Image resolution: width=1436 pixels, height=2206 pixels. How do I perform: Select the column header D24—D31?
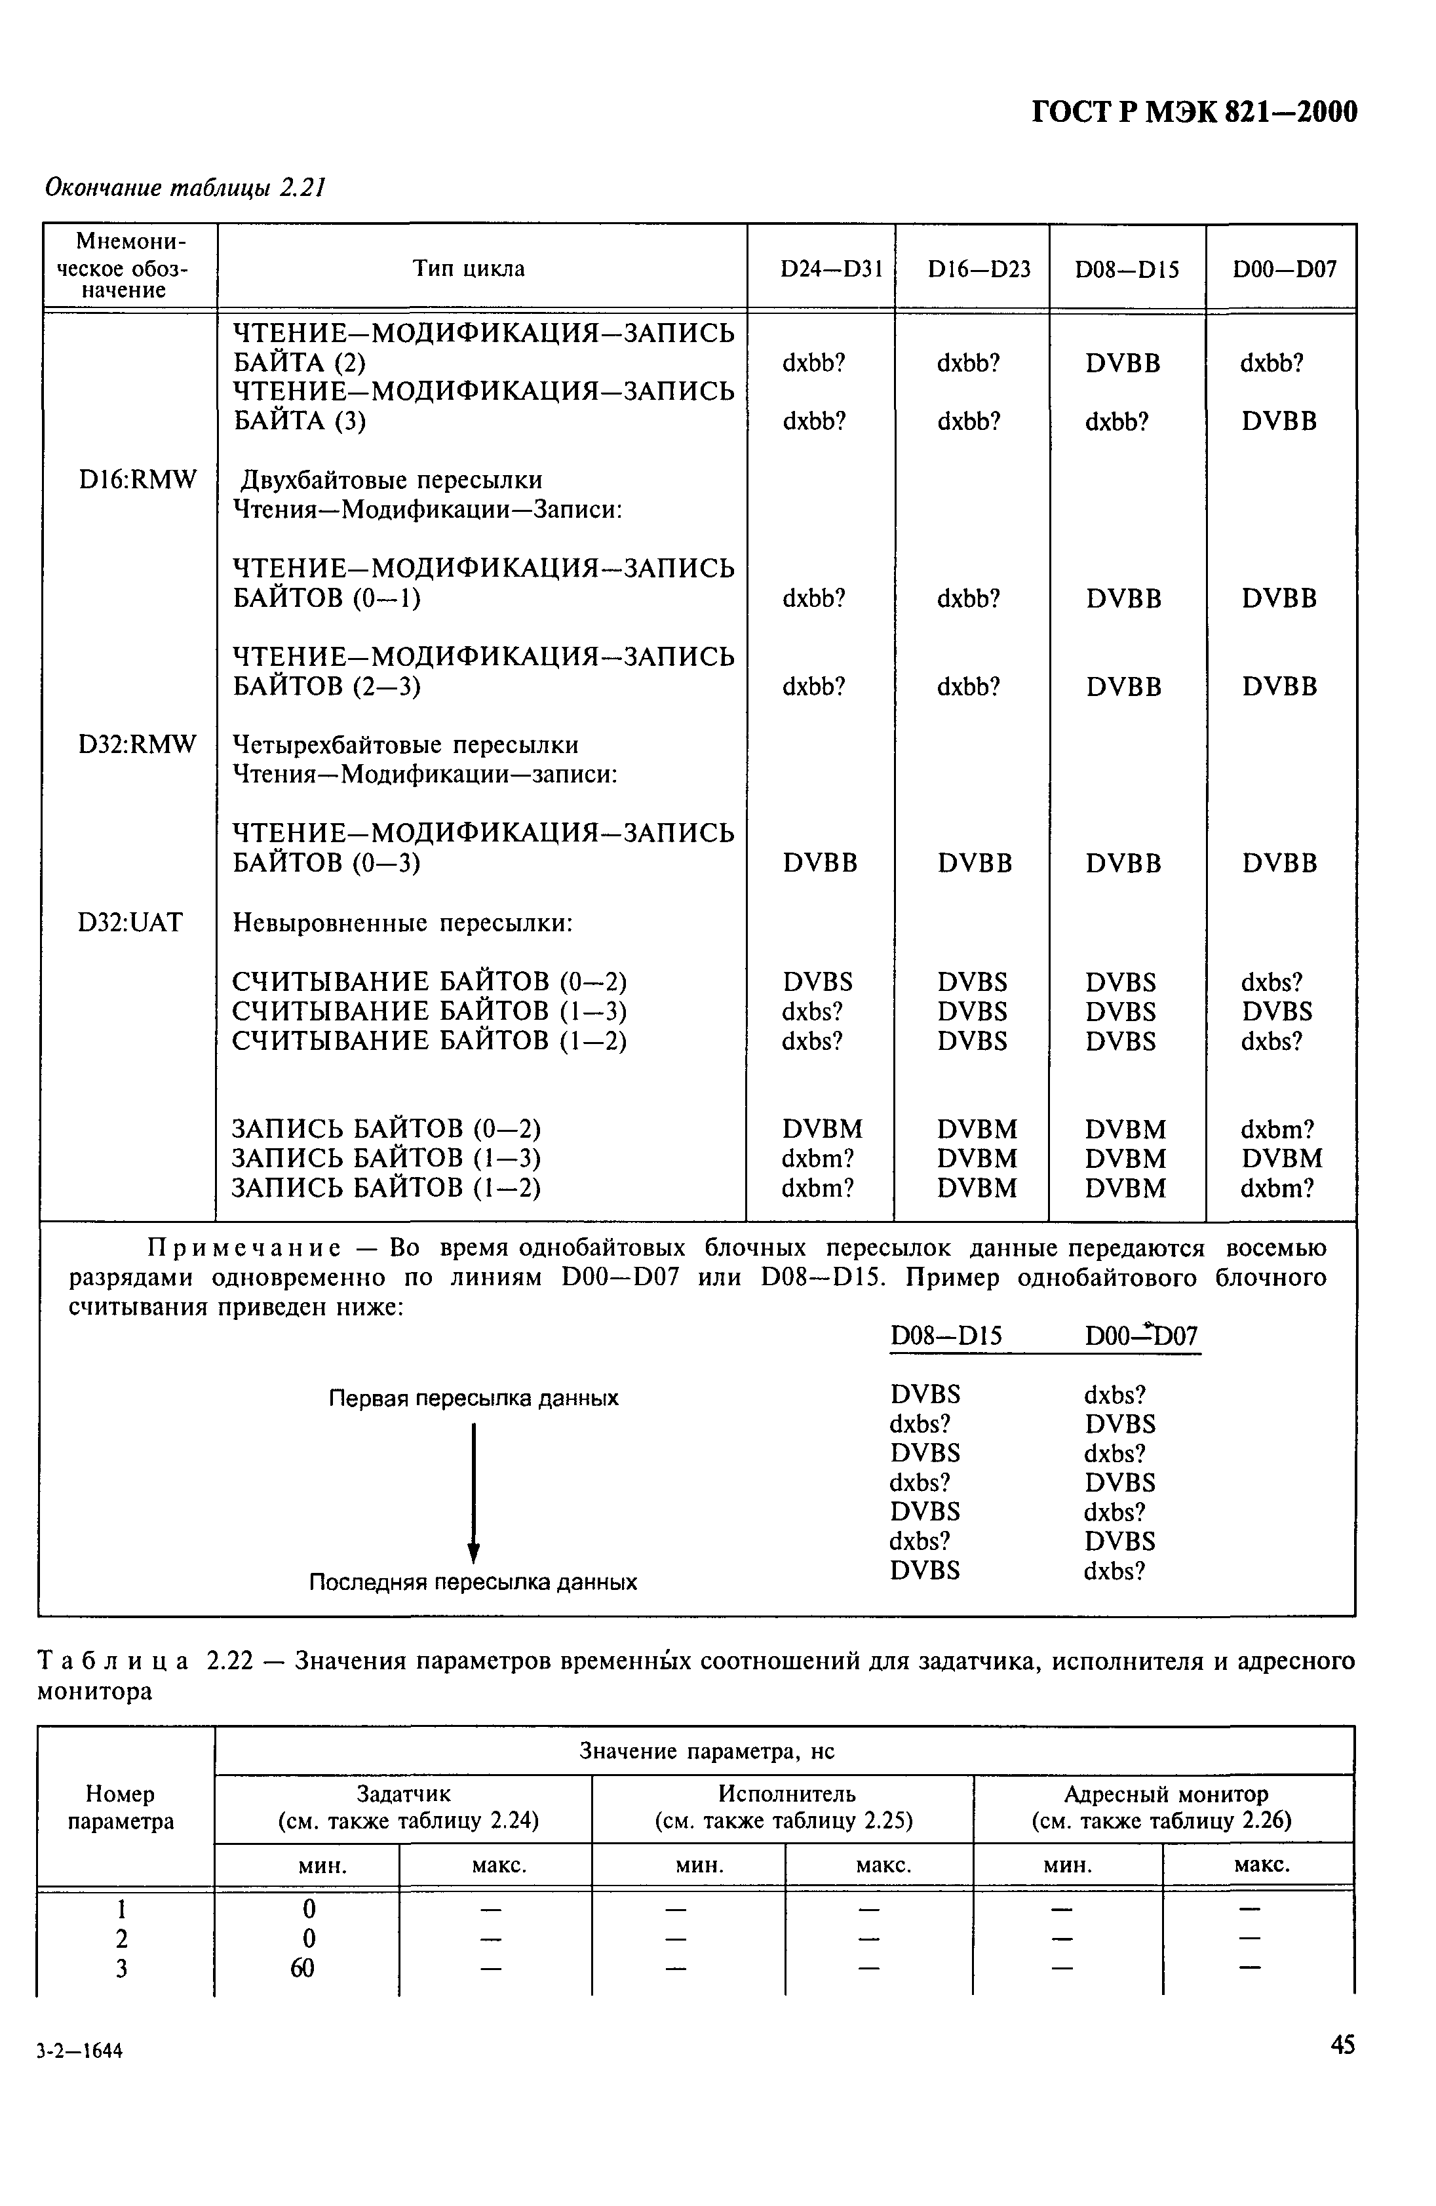pyautogui.click(x=819, y=269)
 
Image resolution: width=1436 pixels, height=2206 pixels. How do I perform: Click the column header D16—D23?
pyautogui.click(x=971, y=269)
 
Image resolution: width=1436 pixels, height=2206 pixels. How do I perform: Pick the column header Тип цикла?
pyautogui.click(x=468, y=269)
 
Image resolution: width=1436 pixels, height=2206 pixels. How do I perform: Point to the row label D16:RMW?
pyautogui.click(x=137, y=480)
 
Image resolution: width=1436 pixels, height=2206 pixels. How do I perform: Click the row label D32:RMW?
pyautogui.click(x=137, y=745)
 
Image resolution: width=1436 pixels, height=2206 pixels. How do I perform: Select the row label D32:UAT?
pyautogui.click(x=130, y=922)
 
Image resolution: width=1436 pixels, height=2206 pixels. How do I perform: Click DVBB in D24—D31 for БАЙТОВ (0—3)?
pyautogui.click(x=819, y=863)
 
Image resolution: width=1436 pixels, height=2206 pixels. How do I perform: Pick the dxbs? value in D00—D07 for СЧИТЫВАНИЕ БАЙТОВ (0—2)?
pyautogui.click(x=1271, y=982)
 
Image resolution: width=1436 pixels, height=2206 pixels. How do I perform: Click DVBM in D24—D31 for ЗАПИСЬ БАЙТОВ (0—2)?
pyautogui.click(x=821, y=1129)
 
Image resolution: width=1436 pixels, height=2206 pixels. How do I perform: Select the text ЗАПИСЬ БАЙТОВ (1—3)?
pyautogui.click(x=385, y=1159)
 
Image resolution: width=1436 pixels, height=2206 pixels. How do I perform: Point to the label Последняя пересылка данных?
pyautogui.click(x=472, y=1581)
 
